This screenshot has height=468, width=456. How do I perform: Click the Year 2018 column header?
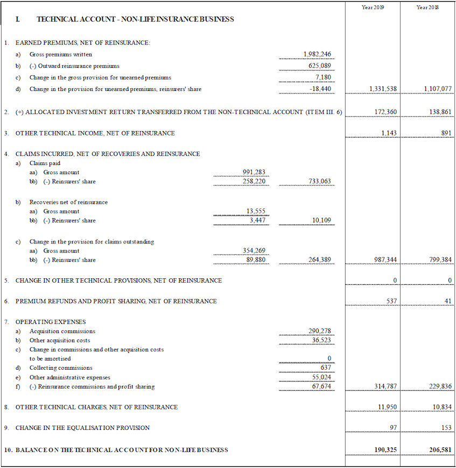(x=427, y=8)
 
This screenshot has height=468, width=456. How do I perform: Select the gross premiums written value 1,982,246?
(x=317, y=54)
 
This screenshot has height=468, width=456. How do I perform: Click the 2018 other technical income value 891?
(x=446, y=133)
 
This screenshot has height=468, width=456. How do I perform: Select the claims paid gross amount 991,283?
(x=254, y=172)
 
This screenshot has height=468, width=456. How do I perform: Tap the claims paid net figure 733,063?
(x=320, y=182)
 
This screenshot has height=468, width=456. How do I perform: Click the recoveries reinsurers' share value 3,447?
(x=257, y=220)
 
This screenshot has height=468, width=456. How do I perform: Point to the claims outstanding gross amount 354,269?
(x=254, y=251)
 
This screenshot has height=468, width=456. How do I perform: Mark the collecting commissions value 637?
(x=326, y=368)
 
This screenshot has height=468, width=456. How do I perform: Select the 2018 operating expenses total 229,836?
(x=438, y=386)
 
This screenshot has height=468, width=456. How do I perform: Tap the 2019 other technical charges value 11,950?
(x=387, y=407)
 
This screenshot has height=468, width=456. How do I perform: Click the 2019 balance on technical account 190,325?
(x=384, y=449)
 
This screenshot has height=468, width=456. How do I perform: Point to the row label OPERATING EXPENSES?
(x=51, y=322)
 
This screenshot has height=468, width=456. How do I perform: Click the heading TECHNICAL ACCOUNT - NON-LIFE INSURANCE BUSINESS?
(x=135, y=19)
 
